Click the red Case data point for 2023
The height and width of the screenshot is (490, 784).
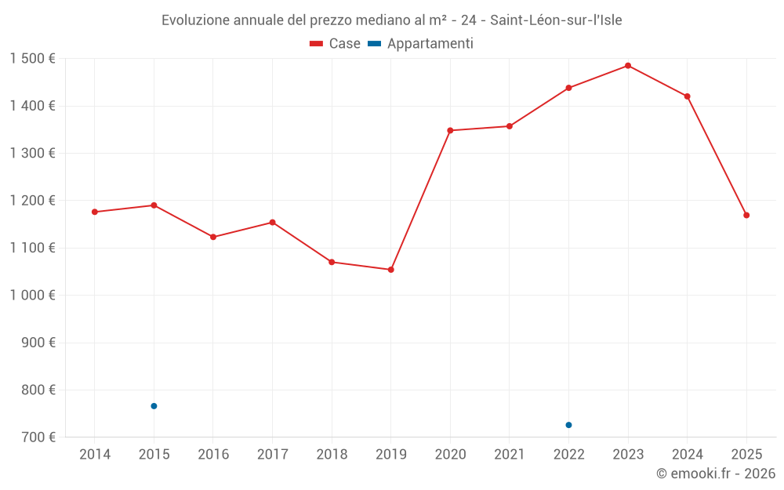pos(628,66)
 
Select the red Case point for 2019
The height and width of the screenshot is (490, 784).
pos(391,270)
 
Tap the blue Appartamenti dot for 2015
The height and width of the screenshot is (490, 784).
pos(154,406)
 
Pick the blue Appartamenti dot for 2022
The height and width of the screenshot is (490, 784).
pos(568,425)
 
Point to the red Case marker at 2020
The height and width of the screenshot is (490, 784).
pos(450,130)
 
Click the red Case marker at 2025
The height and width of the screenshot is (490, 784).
pos(746,215)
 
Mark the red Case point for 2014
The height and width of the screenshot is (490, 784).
pos(95,212)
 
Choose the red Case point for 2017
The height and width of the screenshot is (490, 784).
pos(272,223)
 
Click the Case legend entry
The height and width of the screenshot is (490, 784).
pos(335,44)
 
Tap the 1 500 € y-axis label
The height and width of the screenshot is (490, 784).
pos(32,59)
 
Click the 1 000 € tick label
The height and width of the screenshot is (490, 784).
pos(32,296)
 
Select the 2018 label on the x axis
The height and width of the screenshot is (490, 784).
pos(332,455)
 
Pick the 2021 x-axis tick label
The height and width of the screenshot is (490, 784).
pos(510,455)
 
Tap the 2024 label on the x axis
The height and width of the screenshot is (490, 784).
pos(687,455)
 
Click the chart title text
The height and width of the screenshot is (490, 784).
pos(392,20)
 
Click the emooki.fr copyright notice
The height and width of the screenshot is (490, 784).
pos(715,474)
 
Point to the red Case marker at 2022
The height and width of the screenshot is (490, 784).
pos(568,88)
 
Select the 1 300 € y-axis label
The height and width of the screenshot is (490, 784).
pos(32,154)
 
